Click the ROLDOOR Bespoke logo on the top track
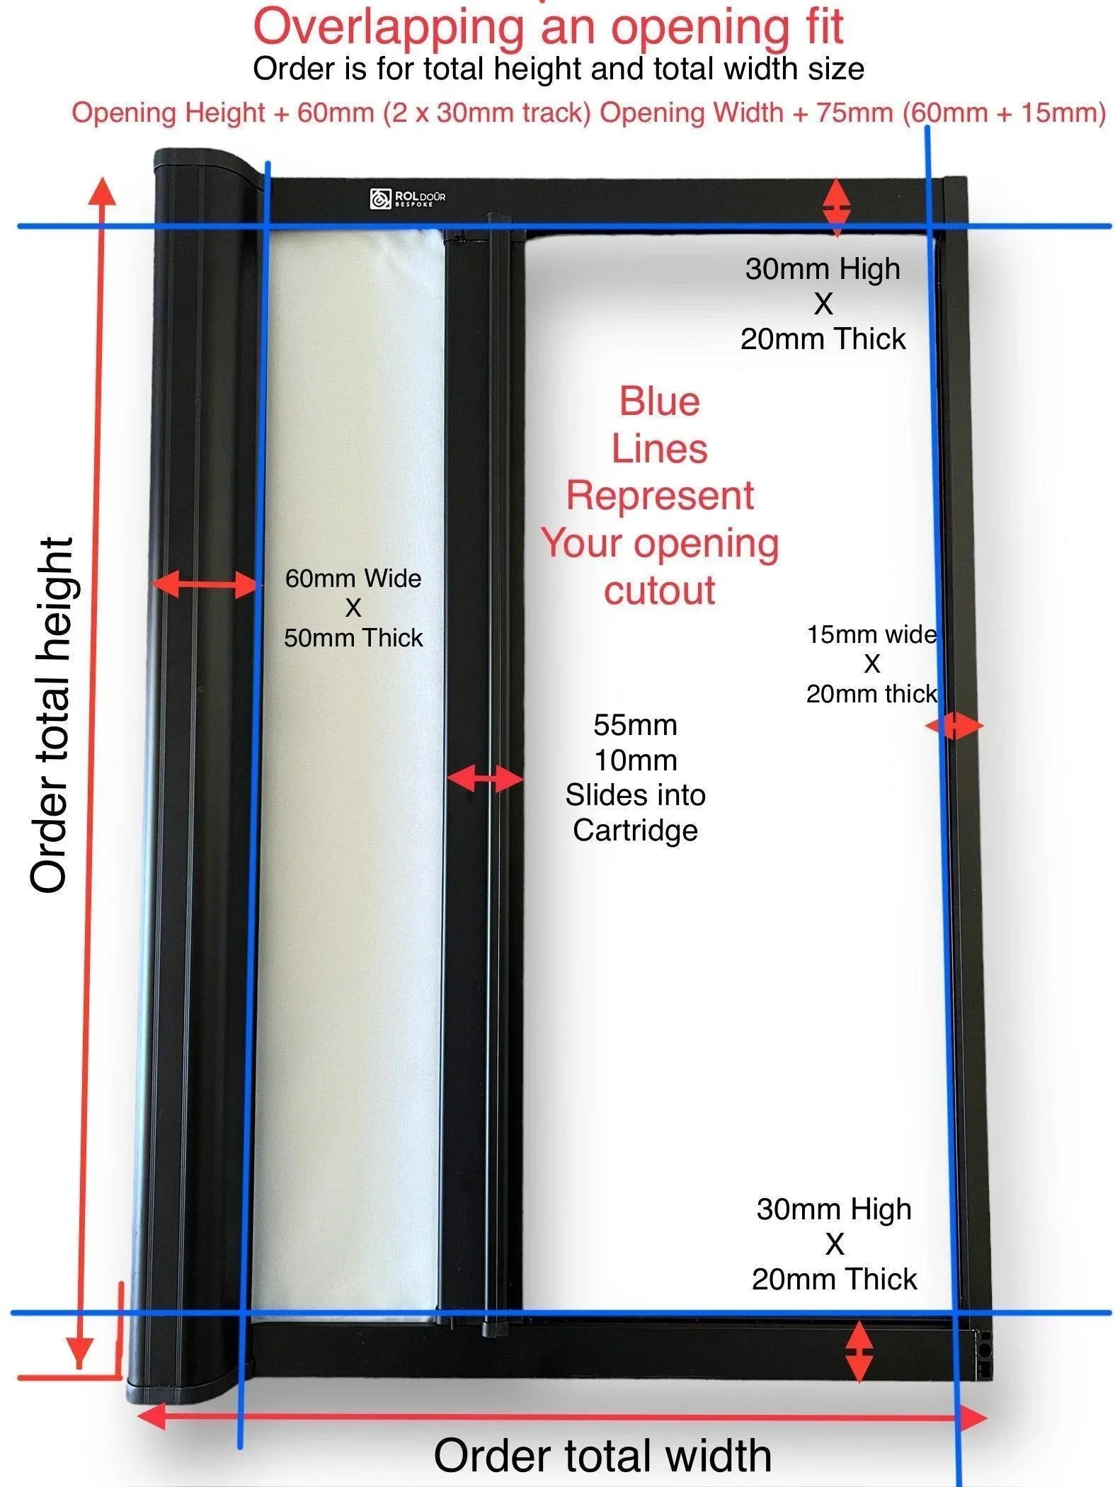click(x=407, y=198)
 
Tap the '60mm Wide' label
click(x=353, y=579)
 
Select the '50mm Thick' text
click(x=353, y=638)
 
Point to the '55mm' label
click(x=635, y=725)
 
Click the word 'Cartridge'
click(x=635, y=831)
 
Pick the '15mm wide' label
click(x=871, y=634)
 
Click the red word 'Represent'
click(x=660, y=496)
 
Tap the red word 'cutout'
click(x=660, y=591)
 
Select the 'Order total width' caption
click(x=602, y=1456)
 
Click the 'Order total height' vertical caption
click(x=51, y=715)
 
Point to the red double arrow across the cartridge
click(x=204, y=585)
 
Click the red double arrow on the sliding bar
click(x=485, y=778)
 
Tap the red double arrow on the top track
click(x=836, y=207)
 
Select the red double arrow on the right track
click(x=954, y=726)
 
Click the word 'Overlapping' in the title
click(x=388, y=27)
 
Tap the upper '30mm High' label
click(x=823, y=269)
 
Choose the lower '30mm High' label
click(x=834, y=1209)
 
